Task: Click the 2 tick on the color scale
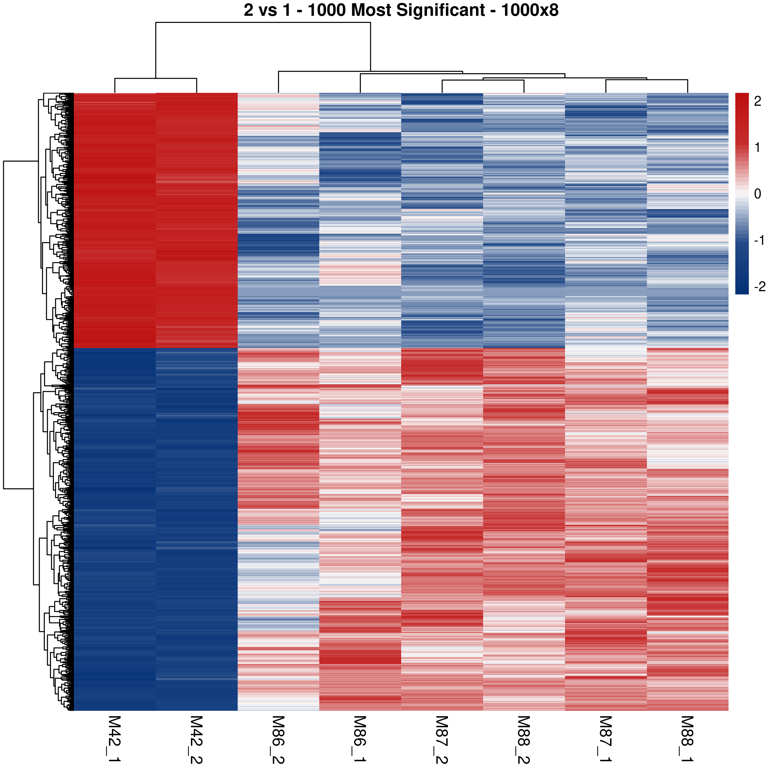pos(757,101)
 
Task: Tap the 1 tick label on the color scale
pos(757,147)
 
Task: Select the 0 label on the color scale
pos(757,194)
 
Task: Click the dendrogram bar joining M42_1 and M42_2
pos(155,78)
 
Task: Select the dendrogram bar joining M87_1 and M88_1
pos(647,80)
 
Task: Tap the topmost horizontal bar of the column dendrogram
pos(263,23)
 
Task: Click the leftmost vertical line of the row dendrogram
pos(4,325)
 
